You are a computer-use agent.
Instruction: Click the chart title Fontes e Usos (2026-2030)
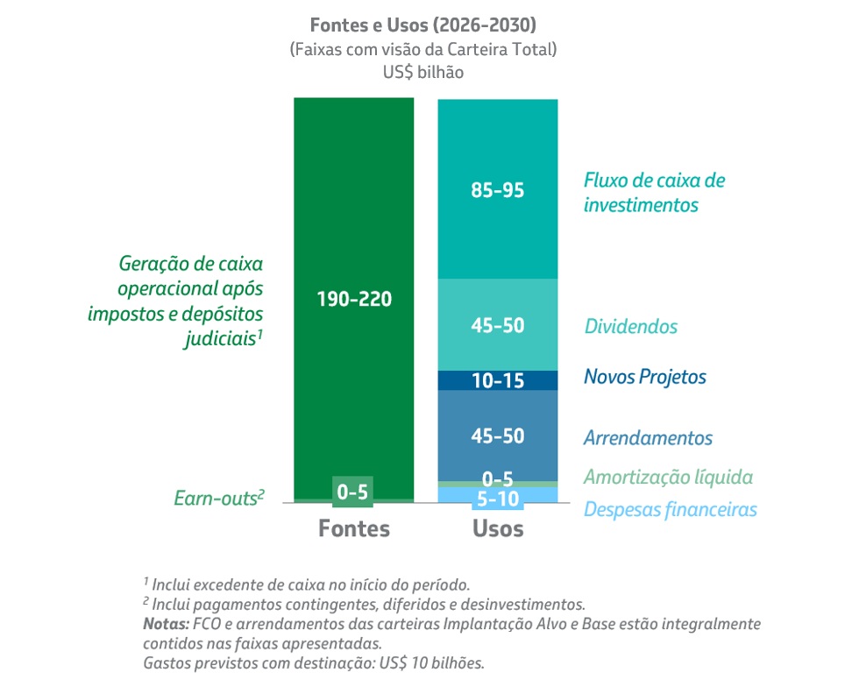[422, 24]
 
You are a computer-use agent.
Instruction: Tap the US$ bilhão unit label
[422, 73]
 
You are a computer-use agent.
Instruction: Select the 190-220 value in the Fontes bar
[353, 298]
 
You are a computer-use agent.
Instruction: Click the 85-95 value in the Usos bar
[497, 189]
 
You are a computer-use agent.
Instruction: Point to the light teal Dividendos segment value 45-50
[497, 325]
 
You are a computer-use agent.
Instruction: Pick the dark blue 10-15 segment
[497, 380]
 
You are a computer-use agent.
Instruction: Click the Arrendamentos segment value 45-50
[497, 436]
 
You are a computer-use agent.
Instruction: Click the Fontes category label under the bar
[353, 528]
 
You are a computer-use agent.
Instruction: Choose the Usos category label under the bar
[497, 528]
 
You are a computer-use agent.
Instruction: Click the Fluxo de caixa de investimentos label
[654, 193]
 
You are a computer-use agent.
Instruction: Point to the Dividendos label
[630, 327]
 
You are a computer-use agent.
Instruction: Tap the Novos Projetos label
[644, 378]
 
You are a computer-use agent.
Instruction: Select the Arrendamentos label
[648, 438]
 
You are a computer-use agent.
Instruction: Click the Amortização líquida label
[668, 478]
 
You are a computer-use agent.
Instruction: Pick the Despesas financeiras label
[670, 509]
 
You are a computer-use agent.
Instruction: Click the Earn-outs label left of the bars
[218, 499]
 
